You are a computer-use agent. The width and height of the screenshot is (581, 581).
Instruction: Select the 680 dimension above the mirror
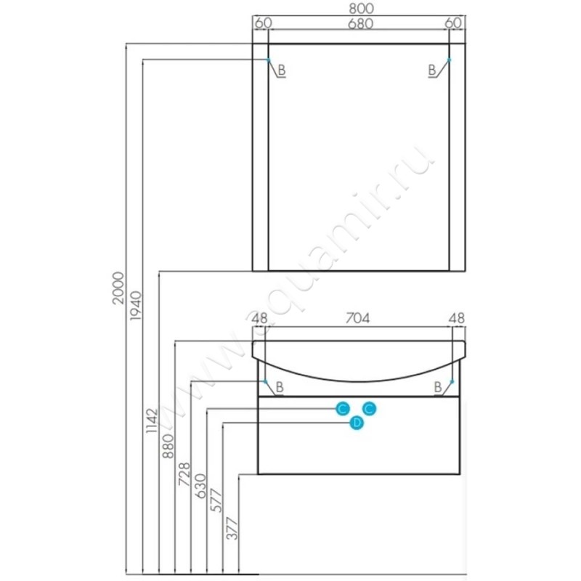pyautogui.click(x=360, y=24)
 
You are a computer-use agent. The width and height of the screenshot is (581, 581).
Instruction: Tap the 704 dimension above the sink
pyautogui.click(x=357, y=318)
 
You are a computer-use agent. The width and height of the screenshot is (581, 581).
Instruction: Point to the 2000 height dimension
pyautogui.click(x=118, y=288)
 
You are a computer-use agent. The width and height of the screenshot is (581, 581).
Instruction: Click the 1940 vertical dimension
pyautogui.click(x=136, y=306)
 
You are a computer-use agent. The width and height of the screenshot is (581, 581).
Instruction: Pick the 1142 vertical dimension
pyautogui.click(x=152, y=421)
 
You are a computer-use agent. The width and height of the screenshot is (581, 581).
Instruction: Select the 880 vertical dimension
pyautogui.click(x=168, y=446)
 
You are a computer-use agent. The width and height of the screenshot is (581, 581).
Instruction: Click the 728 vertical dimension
pyautogui.click(x=184, y=474)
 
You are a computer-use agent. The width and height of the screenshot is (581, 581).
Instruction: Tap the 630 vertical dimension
pyautogui.click(x=200, y=486)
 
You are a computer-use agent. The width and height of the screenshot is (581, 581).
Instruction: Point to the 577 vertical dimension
pyautogui.click(x=216, y=500)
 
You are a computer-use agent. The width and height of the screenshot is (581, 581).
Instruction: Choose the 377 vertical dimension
pyautogui.click(x=232, y=529)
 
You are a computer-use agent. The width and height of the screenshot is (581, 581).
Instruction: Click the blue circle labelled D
pyautogui.click(x=357, y=423)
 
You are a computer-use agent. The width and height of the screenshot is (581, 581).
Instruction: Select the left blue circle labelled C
pyautogui.click(x=343, y=409)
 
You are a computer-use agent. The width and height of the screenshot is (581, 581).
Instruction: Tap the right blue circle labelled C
pyautogui.click(x=370, y=409)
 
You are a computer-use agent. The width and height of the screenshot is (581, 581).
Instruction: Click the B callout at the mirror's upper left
pyautogui.click(x=282, y=70)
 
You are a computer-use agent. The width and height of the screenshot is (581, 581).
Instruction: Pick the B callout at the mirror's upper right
pyautogui.click(x=432, y=70)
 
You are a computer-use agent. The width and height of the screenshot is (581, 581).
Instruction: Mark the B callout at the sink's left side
pyautogui.click(x=280, y=387)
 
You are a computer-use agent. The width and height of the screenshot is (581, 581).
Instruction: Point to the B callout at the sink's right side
pyautogui.click(x=438, y=387)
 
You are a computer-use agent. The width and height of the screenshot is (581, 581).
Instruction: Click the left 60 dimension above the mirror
pyautogui.click(x=264, y=23)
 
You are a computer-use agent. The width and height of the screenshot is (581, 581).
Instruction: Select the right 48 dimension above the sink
pyautogui.click(x=456, y=318)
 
